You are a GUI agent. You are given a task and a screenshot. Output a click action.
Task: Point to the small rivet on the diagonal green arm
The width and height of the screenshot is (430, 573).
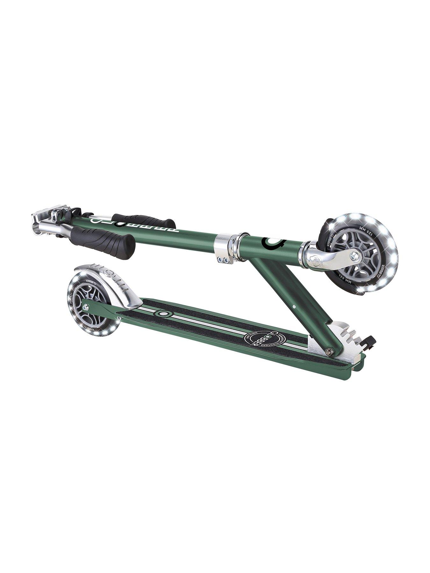click(294, 306)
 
